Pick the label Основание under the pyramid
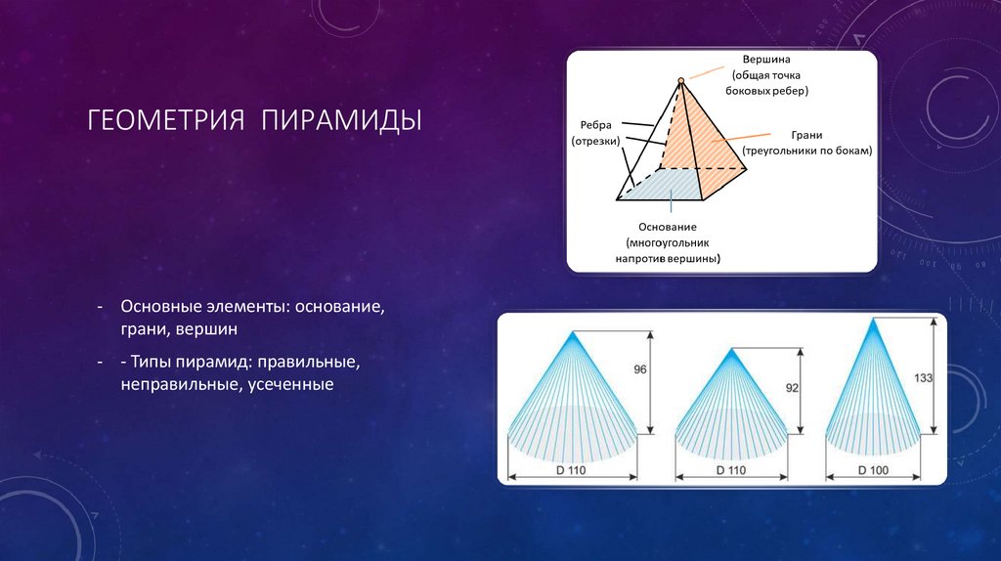669,227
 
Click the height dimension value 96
641,369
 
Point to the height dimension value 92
792,388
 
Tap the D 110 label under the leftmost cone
573,470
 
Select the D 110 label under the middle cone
730,470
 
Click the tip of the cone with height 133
873,323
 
